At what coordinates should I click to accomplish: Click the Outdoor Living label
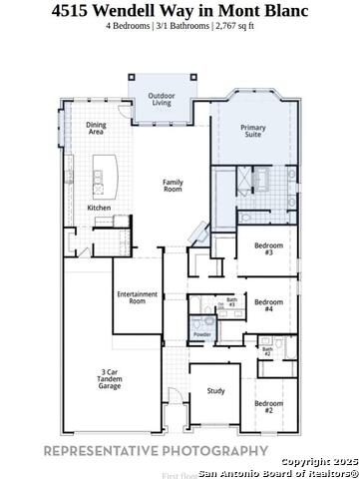[162, 99]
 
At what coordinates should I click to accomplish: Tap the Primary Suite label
[253, 131]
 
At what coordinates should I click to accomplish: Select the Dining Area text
[96, 128]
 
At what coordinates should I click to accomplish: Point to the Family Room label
[175, 185]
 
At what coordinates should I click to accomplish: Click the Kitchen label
[99, 208]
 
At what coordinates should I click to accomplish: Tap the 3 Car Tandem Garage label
[110, 379]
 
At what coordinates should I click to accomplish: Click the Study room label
[215, 392]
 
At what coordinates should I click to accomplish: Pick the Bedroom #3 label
[263, 248]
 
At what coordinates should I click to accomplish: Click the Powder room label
[201, 334]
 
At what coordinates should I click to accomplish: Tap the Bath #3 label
[231, 301]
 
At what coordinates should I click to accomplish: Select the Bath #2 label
[267, 352]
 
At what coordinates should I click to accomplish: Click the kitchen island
[101, 178]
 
